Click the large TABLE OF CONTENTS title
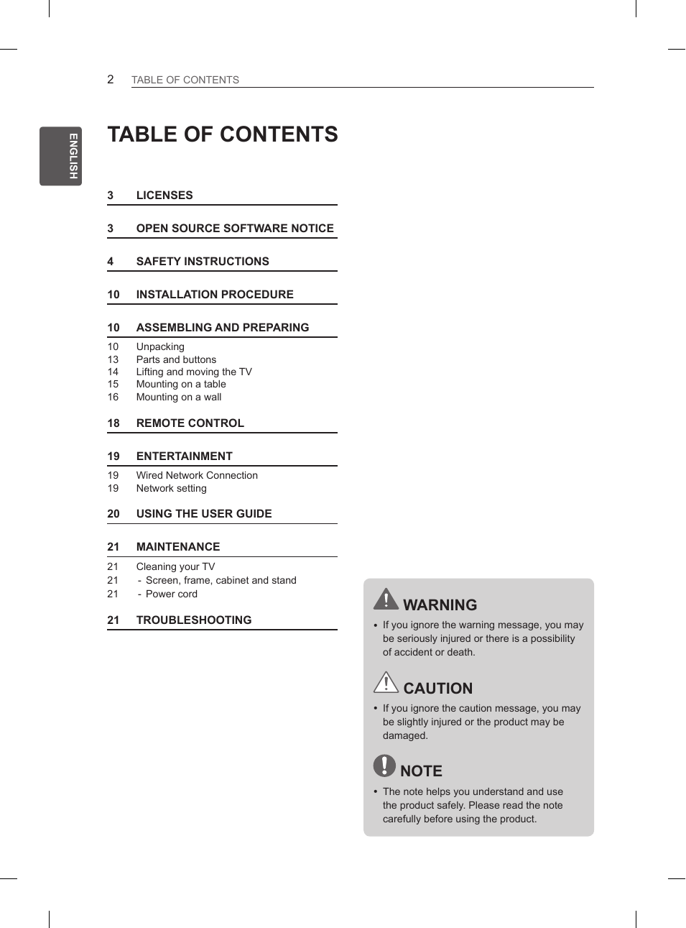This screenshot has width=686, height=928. tap(223, 134)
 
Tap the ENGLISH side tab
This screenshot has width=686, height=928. tap(61, 156)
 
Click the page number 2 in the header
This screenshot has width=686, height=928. tap(111, 79)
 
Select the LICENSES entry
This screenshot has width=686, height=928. tap(164, 196)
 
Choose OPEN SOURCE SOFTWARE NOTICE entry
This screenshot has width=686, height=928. tap(235, 229)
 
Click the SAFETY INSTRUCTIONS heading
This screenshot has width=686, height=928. tap(203, 262)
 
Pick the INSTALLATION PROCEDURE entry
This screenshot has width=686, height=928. tap(215, 295)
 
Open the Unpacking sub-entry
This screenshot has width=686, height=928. tap(160, 346)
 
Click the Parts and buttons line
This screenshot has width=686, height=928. tap(176, 359)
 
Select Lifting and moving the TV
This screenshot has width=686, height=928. tap(194, 372)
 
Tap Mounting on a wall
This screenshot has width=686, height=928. tap(179, 397)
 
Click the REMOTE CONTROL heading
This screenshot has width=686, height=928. tap(190, 423)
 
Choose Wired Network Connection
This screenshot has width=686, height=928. tap(197, 475)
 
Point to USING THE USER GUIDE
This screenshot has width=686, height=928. tap(204, 514)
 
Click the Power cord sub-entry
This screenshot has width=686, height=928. tap(171, 594)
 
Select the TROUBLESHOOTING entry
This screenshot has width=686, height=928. tap(194, 620)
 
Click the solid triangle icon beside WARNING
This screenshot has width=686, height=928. tap(386, 599)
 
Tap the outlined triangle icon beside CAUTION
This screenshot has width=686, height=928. tap(386, 682)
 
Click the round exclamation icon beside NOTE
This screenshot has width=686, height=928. tap(384, 766)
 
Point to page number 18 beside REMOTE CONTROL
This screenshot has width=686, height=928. tap(113, 423)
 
